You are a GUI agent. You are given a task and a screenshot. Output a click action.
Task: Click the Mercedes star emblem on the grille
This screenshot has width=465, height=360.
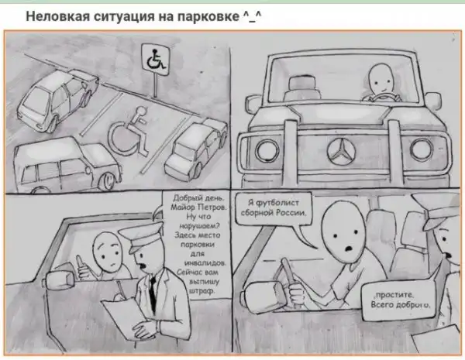coord(341,151)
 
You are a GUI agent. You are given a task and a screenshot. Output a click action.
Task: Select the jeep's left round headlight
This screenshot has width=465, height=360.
coord(267,150)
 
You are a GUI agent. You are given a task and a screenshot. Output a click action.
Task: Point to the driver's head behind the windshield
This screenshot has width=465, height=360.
coord(381,79)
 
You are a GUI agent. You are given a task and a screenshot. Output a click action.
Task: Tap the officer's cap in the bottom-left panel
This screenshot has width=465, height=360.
coord(142,238)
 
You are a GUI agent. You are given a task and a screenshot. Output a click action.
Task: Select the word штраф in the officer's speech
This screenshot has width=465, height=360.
coord(202,291)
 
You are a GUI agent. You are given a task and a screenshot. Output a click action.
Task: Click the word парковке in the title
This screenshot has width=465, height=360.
coord(208,17)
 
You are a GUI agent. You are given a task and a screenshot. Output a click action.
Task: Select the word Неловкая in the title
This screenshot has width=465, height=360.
coord(58,16)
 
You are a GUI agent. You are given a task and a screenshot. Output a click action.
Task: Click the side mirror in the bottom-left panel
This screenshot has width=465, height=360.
coord(59,279)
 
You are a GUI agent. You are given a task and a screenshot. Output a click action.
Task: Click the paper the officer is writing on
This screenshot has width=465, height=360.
coord(126,315)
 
